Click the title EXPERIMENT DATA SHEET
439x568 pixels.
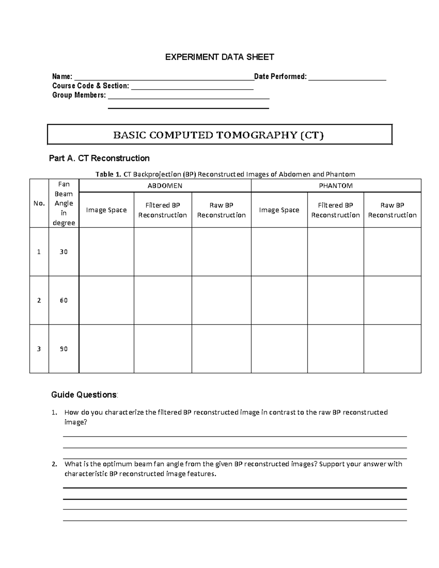219,57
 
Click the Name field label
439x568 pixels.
62,76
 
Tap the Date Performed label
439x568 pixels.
280,76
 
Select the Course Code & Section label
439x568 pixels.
90,86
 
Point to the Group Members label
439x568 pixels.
79,95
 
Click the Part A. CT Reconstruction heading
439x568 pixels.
99,158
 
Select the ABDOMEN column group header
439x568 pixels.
165,186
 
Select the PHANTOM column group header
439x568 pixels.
335,186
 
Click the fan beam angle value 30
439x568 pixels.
64,252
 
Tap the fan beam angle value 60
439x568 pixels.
64,300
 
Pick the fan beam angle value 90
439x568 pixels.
64,349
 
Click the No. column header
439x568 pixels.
39,203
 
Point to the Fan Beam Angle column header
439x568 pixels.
64,203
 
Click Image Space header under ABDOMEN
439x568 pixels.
106,210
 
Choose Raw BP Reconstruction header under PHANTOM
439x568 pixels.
392,210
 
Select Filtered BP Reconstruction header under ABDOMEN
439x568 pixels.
162,210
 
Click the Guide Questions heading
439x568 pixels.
85,395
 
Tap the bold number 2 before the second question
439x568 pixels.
54,464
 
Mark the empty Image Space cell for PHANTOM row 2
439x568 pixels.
279,300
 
